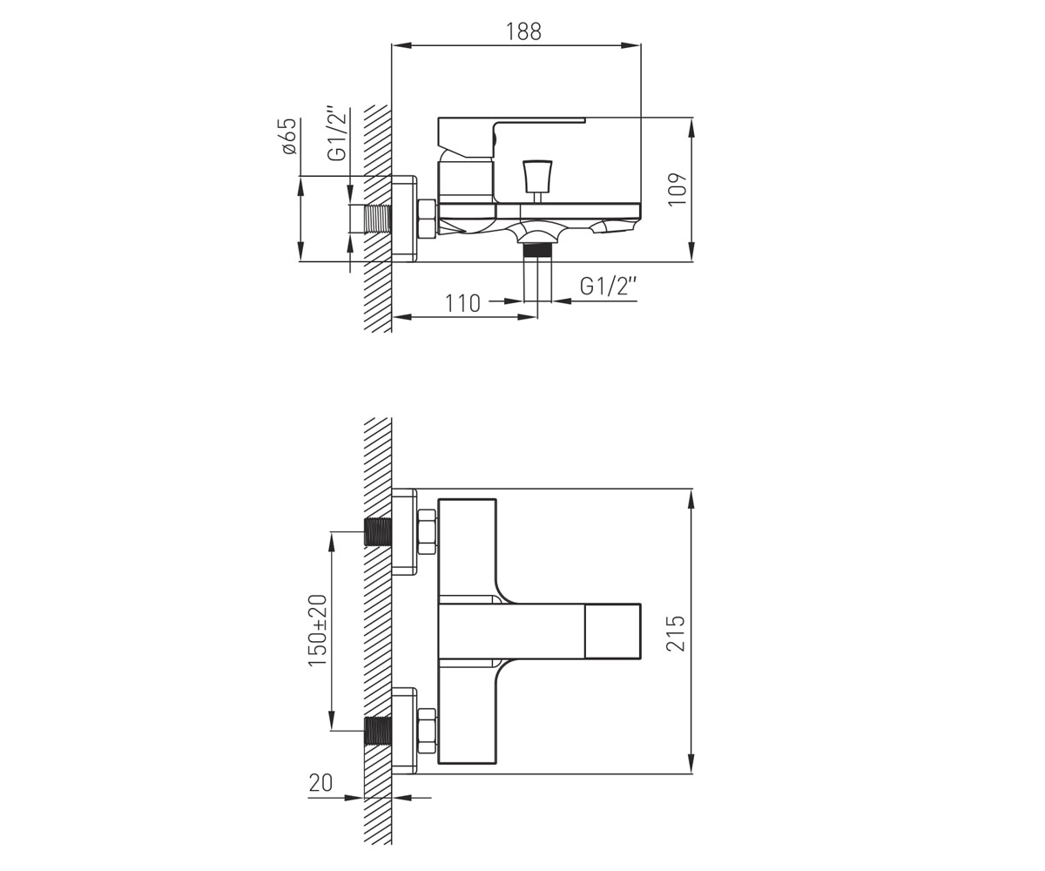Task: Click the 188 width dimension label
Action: coord(523,31)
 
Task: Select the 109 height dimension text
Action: coord(678,189)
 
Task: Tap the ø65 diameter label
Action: coord(289,137)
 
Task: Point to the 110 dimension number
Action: coord(462,303)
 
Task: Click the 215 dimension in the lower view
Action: coord(676,633)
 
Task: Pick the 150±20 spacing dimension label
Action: coord(317,631)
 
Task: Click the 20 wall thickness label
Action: coord(320,783)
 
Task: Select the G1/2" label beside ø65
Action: coord(337,133)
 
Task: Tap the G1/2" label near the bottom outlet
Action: coord(608,286)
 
